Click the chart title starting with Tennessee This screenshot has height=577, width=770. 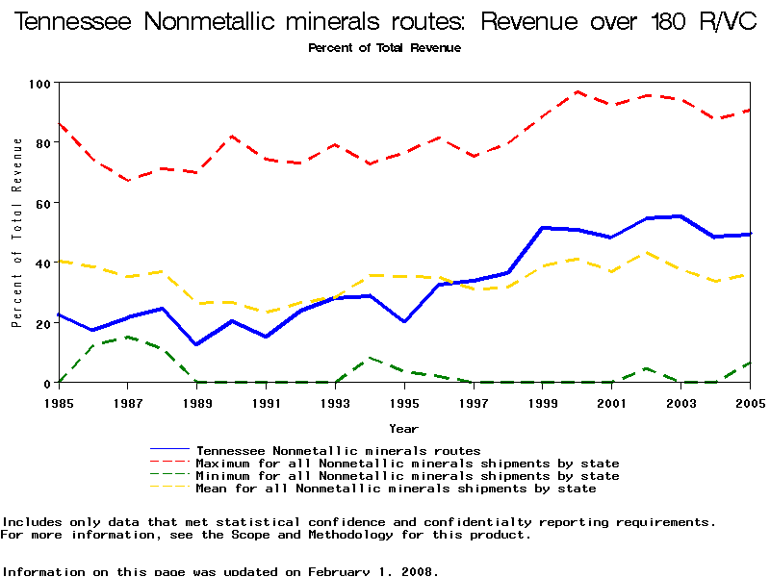coord(385,21)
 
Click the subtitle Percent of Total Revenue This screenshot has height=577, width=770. coord(384,48)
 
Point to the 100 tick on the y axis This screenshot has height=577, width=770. coord(40,84)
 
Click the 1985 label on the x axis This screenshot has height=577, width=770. coord(59,404)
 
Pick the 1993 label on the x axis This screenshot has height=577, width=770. coord(336,404)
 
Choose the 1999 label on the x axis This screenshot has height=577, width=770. coord(544,404)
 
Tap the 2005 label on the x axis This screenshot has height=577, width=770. coord(750,404)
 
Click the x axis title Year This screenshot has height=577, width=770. coord(403,428)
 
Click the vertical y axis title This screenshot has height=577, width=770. coord(16,232)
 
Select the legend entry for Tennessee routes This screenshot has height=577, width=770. coord(338,450)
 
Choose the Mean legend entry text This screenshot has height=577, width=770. coord(396,489)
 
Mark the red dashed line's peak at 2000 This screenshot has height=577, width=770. coord(577,92)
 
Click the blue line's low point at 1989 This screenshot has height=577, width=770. coord(196,344)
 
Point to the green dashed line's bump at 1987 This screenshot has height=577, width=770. coord(127,338)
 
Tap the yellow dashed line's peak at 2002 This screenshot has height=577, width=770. coord(647,253)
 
